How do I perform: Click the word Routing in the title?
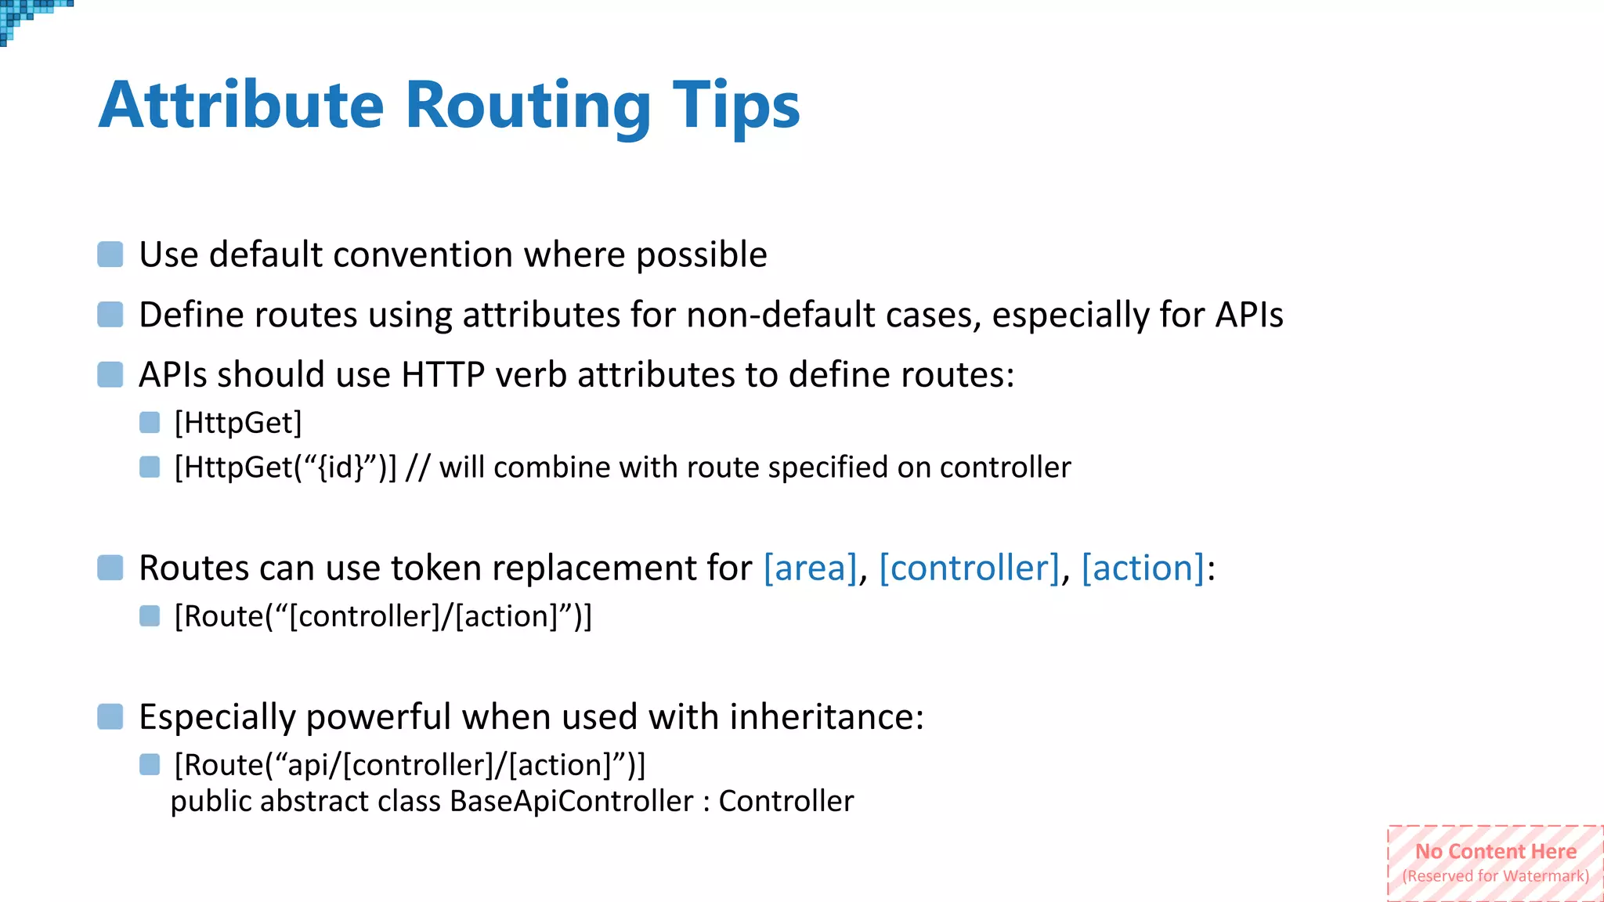tap(528, 106)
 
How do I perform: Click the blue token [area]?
tap(810, 568)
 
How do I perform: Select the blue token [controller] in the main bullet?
tap(969, 568)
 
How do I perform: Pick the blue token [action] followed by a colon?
tap(1142, 568)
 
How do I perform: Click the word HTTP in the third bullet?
tap(443, 375)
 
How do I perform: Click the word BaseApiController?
tap(571, 802)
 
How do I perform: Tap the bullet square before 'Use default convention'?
tap(110, 254)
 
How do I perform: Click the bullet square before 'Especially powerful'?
tap(110, 716)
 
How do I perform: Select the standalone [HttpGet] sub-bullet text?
tap(238, 424)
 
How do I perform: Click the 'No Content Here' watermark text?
tap(1495, 852)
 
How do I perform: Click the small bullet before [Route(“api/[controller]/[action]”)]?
tap(150, 764)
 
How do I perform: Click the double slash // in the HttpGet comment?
tap(417, 468)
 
